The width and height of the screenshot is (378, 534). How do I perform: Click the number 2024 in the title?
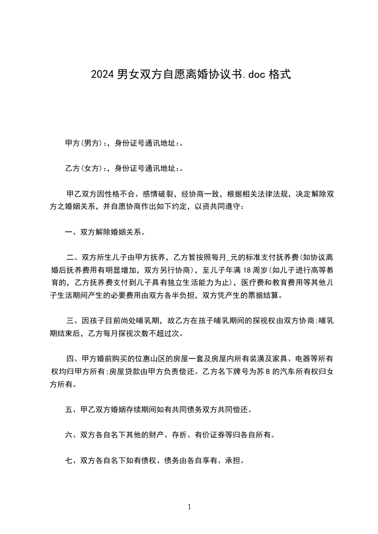click(102, 75)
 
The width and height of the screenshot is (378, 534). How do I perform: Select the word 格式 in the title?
click(279, 75)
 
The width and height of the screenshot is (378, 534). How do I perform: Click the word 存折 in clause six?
click(176, 435)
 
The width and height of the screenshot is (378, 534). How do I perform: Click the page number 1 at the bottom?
click(189, 507)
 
